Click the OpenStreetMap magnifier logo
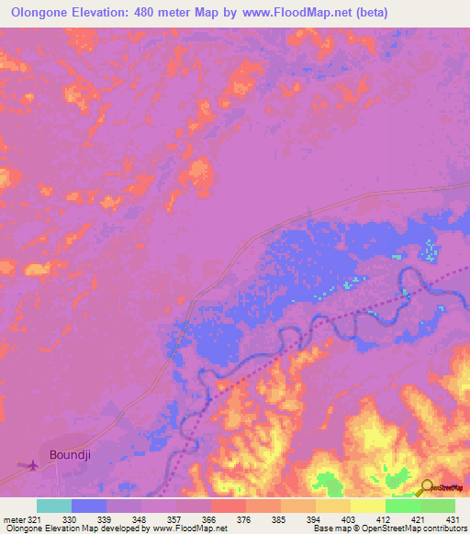coord(427,488)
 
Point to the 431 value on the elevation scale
coord(451,518)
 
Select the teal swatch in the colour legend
coord(54,506)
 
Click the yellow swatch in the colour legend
coord(368,506)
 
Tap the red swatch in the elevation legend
coord(229,506)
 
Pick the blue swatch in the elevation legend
coord(89,506)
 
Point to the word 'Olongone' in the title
coord(40,12)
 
